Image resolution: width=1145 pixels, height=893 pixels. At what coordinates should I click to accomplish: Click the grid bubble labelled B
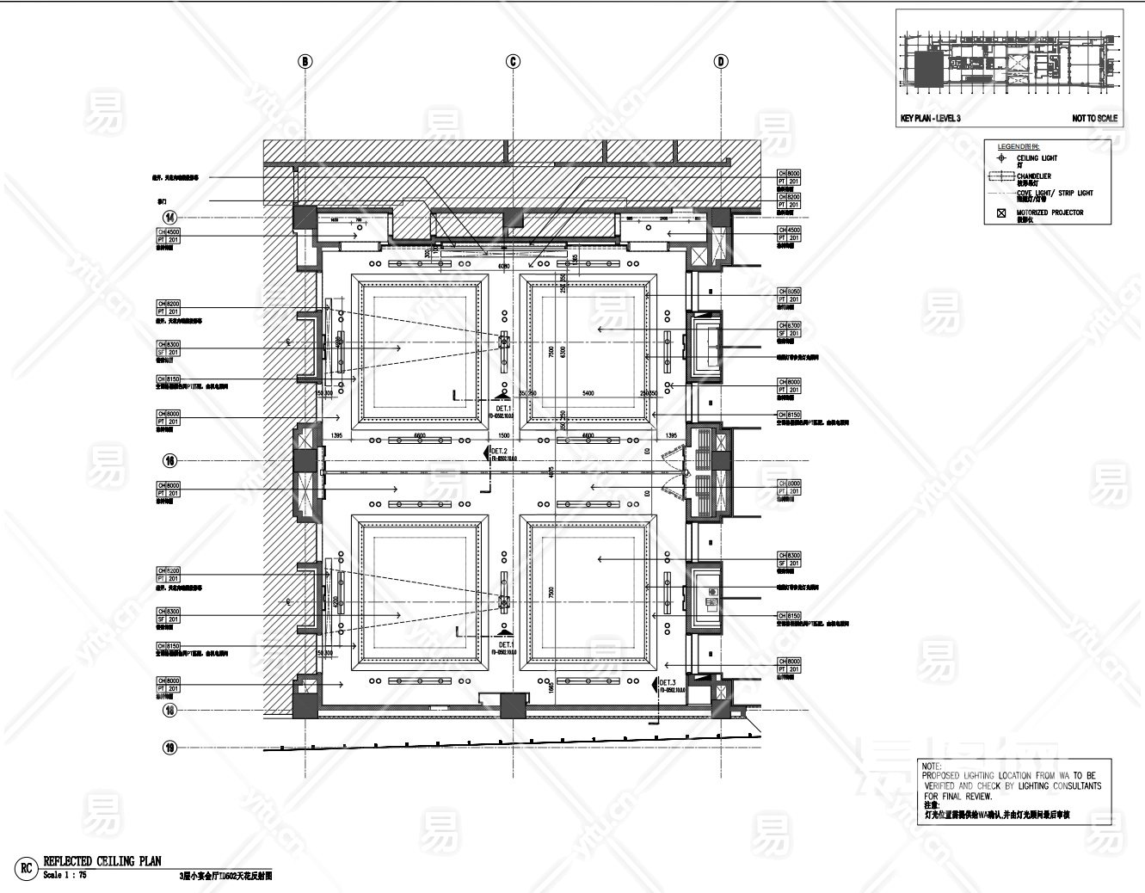[305, 61]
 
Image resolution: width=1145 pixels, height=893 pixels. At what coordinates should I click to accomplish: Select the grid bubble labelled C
[514, 61]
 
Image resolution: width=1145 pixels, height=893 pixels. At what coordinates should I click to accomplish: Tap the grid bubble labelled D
[721, 61]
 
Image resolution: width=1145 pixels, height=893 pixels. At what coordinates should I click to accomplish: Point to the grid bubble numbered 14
[170, 217]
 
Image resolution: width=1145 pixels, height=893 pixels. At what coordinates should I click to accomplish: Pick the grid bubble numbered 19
[170, 748]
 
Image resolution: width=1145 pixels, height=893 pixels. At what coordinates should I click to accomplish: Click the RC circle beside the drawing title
[26, 868]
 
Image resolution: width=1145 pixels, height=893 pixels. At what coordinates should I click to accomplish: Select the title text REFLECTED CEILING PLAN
[102, 861]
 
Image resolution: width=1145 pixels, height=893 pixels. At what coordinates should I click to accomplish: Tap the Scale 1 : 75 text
[65, 875]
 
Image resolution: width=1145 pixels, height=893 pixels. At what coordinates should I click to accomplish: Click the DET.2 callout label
[499, 452]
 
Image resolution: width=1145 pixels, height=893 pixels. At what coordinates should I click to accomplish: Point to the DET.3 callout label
[668, 682]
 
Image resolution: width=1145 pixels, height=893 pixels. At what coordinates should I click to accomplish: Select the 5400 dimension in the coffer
[588, 393]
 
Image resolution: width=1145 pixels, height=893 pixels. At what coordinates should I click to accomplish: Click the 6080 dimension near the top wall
[504, 267]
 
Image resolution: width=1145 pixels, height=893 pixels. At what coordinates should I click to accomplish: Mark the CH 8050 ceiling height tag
[789, 292]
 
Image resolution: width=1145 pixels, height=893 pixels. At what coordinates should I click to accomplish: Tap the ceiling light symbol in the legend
[1000, 158]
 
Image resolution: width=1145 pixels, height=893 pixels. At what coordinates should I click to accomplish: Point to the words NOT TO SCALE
[1094, 119]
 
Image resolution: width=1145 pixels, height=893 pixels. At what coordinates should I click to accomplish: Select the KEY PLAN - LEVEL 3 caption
[930, 119]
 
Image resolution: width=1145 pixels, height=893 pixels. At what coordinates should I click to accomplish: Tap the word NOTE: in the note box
[932, 766]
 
